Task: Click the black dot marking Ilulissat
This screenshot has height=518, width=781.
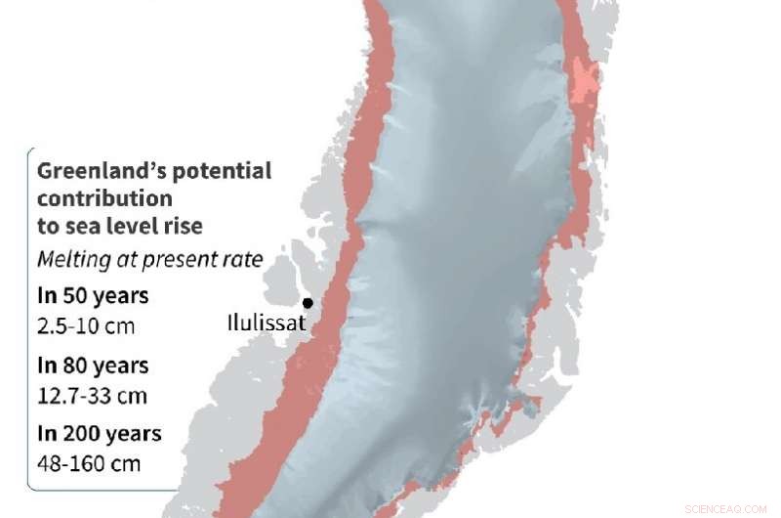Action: coord(308,303)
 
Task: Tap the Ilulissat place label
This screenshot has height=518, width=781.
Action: coord(264,322)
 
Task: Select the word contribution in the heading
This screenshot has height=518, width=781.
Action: coord(104,199)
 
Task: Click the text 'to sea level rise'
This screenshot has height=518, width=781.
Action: coord(120,227)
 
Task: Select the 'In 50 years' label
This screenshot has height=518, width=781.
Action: coord(93,296)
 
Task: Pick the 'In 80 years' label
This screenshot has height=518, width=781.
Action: coord(93,366)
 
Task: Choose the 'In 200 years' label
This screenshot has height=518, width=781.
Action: coord(100,434)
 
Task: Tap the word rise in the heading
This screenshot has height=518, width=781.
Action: coord(184,227)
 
